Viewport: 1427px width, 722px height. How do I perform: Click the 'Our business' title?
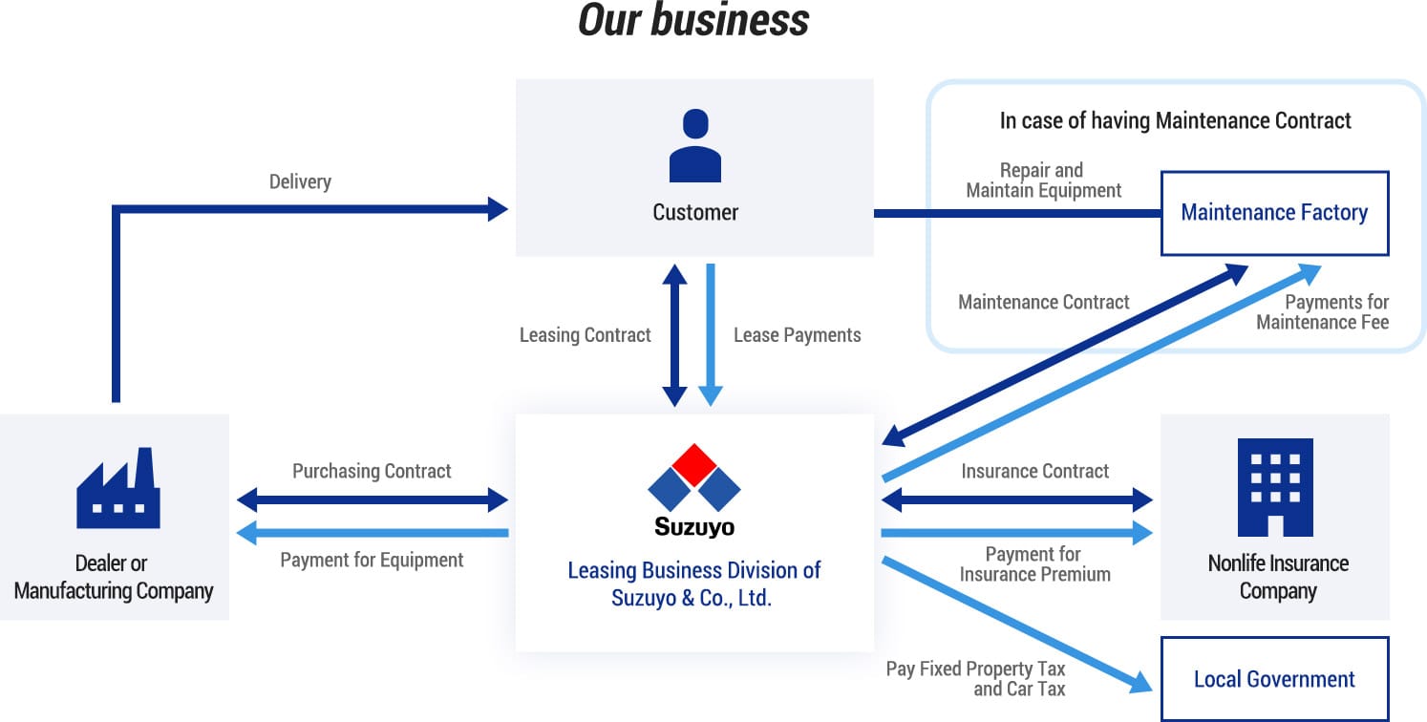(x=693, y=21)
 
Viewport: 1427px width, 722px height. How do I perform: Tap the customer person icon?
(x=694, y=145)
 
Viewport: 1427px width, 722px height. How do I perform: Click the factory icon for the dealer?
(x=117, y=488)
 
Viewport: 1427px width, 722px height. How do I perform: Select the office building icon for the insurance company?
(x=1274, y=487)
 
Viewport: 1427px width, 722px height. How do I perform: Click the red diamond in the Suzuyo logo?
(x=694, y=463)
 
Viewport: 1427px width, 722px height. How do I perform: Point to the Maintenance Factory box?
(x=1274, y=213)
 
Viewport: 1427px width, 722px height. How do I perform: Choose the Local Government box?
(x=1274, y=679)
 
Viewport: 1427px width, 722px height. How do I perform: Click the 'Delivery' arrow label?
(x=300, y=181)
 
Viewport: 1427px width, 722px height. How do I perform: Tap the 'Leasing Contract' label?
(x=585, y=335)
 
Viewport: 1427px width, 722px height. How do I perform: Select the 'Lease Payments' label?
(x=797, y=335)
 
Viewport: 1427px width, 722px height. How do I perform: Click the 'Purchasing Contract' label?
(x=372, y=471)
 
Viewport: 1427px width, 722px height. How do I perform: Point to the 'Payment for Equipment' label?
(x=372, y=560)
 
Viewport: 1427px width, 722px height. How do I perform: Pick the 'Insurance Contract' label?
(x=1034, y=471)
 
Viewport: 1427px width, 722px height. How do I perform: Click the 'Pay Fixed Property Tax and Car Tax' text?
(x=975, y=678)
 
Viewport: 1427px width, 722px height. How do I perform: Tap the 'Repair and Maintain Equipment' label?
(x=1043, y=180)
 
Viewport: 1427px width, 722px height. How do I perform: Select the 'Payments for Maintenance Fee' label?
(x=1323, y=312)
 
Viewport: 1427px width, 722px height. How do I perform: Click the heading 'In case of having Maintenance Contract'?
(x=1175, y=120)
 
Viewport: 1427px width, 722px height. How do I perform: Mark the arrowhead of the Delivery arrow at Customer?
(x=499, y=209)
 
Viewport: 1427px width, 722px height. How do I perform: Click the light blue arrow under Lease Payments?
(x=711, y=334)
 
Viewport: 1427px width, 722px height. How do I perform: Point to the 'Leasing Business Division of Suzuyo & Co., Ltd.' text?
(x=694, y=584)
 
